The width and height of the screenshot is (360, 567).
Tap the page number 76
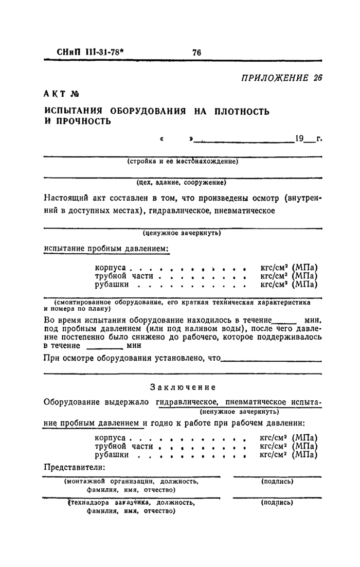pos(196,52)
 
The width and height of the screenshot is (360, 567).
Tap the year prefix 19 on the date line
pos(300,138)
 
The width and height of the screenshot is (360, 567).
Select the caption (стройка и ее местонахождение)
pos(182,161)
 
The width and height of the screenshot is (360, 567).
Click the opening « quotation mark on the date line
pos(163,139)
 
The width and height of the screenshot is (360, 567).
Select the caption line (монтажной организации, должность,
pos(131,482)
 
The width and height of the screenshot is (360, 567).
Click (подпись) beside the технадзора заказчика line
pos(277,503)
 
